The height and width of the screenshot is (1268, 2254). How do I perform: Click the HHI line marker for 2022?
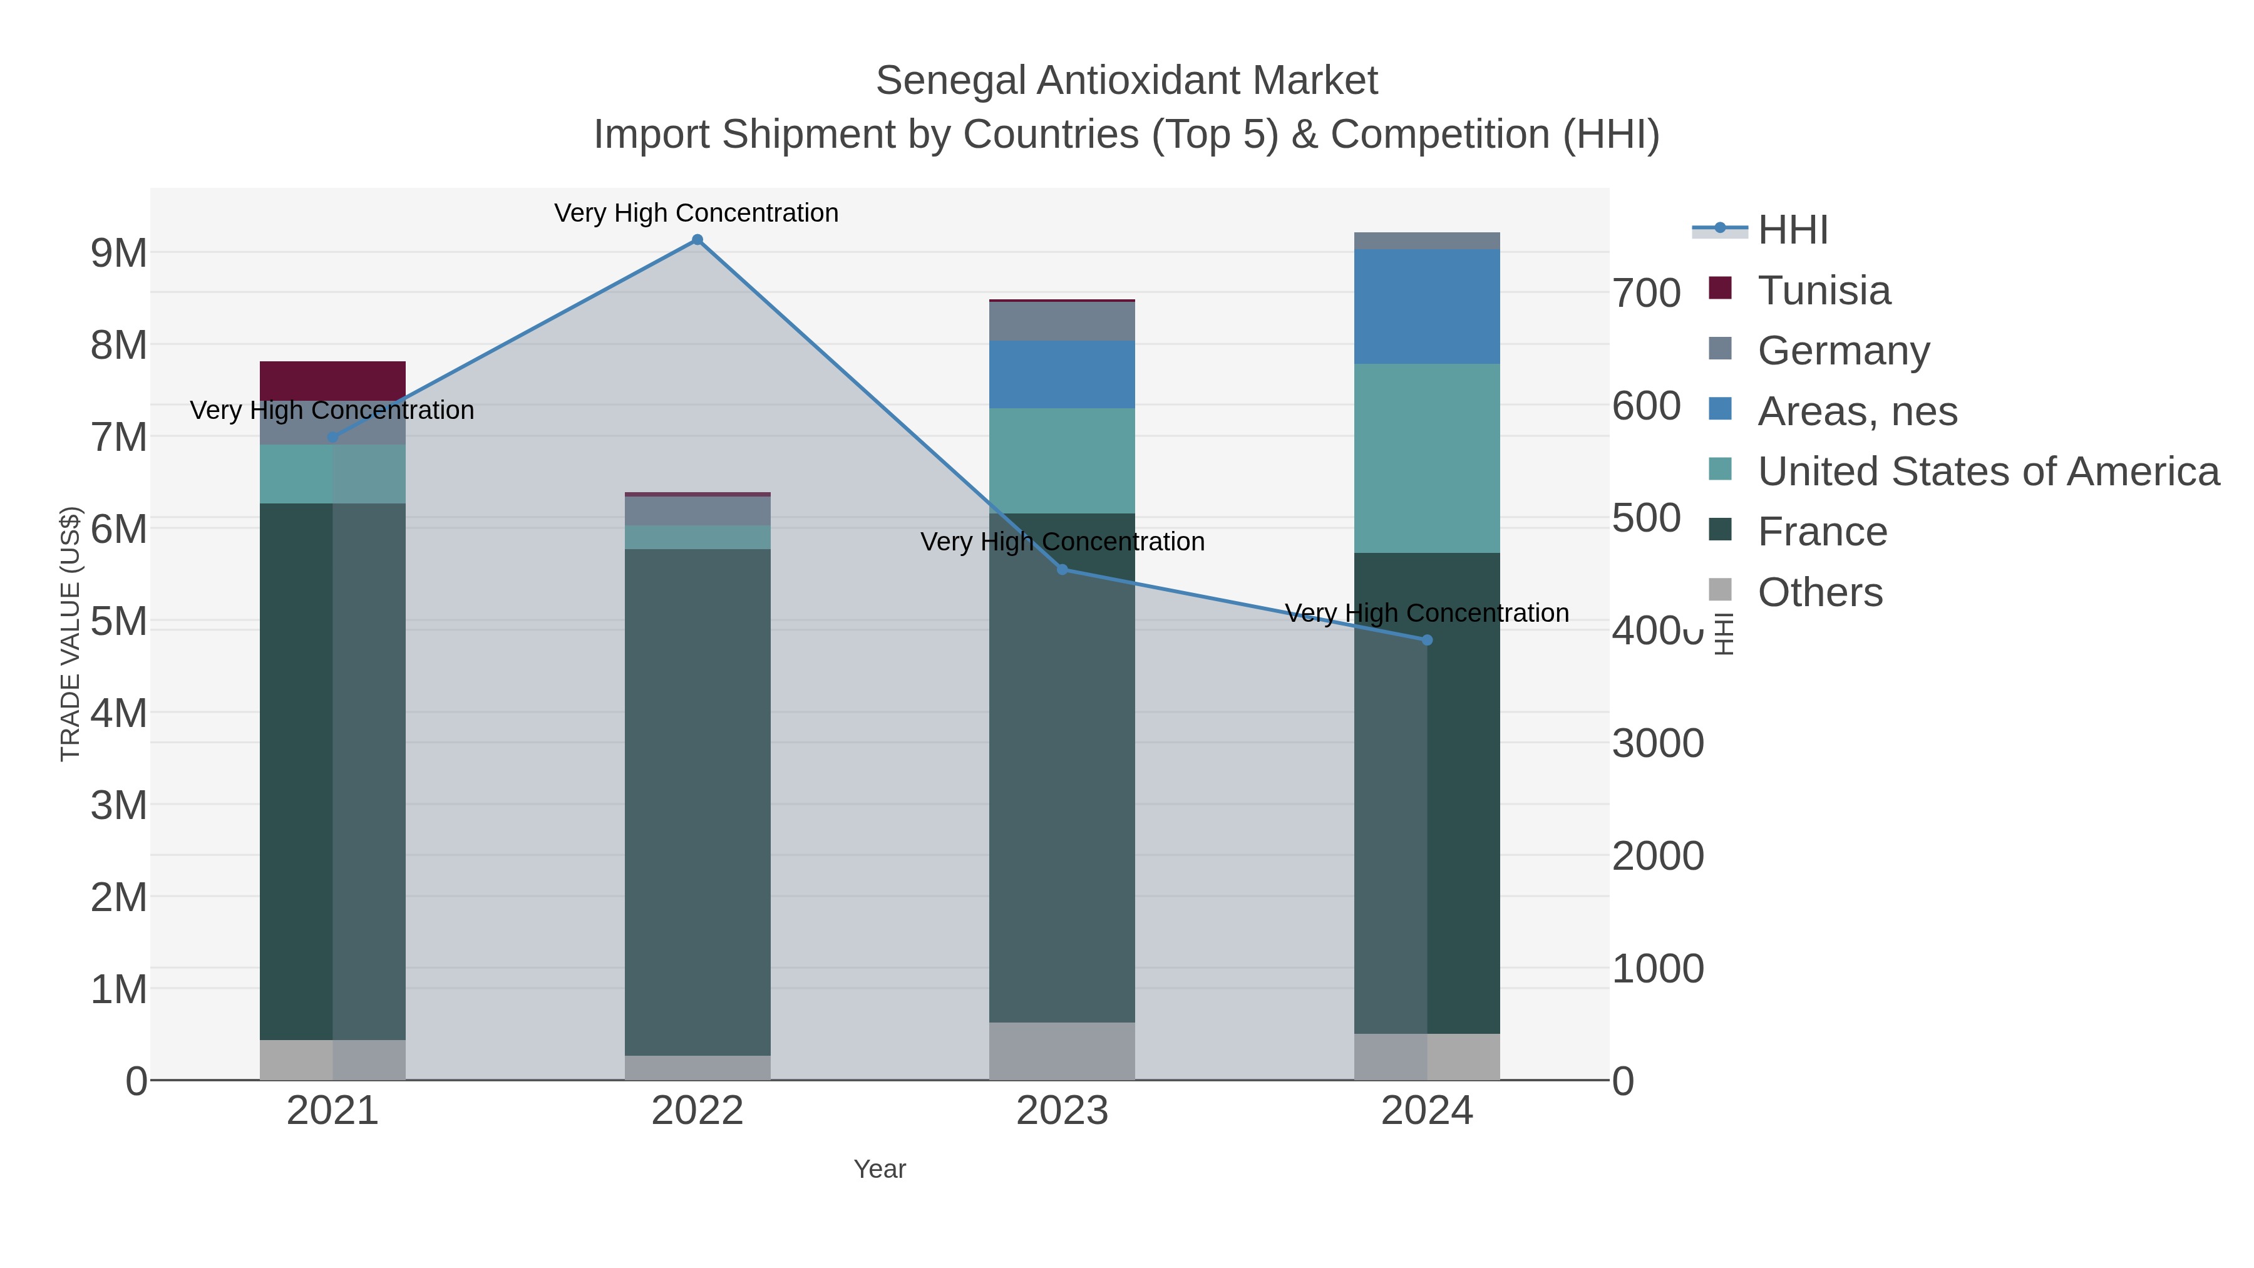point(697,240)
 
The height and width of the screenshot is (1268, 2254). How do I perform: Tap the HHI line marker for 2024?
point(1427,641)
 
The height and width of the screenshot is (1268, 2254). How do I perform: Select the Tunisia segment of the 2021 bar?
point(332,381)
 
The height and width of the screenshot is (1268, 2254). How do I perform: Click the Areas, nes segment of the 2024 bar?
point(1427,306)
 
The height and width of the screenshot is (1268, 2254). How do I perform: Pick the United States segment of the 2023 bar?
point(1063,460)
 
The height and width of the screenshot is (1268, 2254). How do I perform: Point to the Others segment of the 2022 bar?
point(697,1068)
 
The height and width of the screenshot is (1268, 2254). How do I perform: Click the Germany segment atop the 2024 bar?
point(1427,240)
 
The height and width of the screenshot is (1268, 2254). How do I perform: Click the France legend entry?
point(1823,531)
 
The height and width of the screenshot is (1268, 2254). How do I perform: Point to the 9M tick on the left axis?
point(119,253)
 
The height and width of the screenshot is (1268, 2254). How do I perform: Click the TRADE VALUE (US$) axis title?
point(70,634)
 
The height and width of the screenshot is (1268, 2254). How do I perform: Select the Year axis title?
point(880,1169)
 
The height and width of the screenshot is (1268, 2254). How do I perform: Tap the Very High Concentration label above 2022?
point(696,213)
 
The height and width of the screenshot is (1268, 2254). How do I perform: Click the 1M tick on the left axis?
point(119,990)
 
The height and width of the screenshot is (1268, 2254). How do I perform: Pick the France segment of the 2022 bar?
point(697,801)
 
